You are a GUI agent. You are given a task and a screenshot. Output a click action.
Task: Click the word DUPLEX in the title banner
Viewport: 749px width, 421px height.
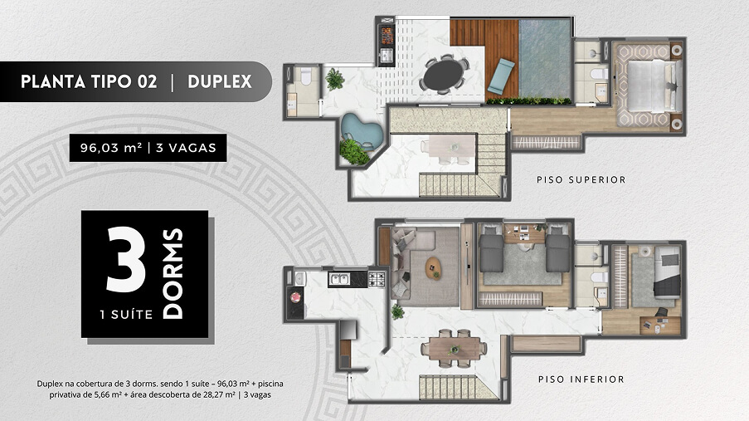(220, 81)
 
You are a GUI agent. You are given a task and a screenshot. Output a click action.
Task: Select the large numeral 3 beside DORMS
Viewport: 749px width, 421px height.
(125, 259)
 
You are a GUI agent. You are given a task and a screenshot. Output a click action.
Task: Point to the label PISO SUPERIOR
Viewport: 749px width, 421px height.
(581, 180)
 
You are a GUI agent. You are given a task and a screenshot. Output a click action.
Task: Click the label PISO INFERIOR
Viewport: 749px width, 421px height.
(581, 379)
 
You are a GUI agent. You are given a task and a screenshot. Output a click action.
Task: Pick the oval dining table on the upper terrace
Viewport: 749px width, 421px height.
(444, 75)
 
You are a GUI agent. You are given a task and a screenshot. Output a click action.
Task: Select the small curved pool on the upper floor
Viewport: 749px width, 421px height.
(362, 130)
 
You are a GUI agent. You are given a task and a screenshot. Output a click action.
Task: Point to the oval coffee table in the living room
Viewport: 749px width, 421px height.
(434, 268)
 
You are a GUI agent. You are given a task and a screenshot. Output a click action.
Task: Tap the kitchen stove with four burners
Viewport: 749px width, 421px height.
(376, 279)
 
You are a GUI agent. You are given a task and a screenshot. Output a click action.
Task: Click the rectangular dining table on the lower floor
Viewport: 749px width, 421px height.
(455, 348)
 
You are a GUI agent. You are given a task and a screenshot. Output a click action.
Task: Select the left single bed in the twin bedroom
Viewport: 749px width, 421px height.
(492, 248)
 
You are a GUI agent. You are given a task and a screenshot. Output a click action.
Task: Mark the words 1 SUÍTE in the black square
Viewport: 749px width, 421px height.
(126, 315)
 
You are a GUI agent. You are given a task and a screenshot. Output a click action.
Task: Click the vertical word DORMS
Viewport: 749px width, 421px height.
(173, 274)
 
